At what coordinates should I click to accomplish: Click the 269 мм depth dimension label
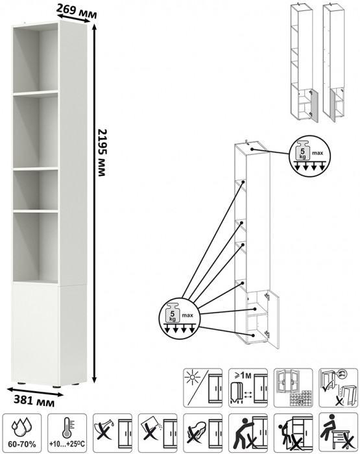point(76,11)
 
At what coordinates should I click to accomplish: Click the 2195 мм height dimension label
point(102,152)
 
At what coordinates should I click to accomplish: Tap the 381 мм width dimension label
point(34,401)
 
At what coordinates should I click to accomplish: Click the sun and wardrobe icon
point(203,388)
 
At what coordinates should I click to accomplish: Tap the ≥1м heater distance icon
point(248,388)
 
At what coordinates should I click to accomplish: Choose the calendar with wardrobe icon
point(293,388)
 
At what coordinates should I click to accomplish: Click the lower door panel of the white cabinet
point(36,334)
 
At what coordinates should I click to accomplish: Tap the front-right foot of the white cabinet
point(56,387)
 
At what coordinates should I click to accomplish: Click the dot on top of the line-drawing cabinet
point(252,149)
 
